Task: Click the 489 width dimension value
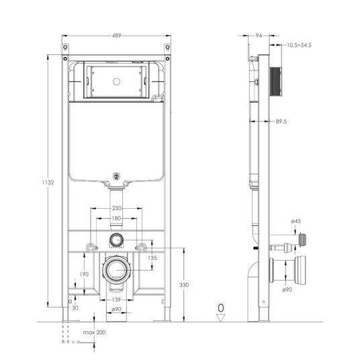pos(116,36)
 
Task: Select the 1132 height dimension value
pos(48,182)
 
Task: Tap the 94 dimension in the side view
pos(259,36)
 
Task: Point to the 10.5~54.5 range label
pos(299,45)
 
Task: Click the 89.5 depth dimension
pos(281,122)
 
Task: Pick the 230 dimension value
pos(116,208)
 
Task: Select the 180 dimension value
pos(116,218)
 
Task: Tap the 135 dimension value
pos(152,258)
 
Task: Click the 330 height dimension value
pos(184,285)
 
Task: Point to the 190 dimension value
pos(84,274)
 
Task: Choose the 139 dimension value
pos(116,300)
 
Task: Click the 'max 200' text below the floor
pos(94,332)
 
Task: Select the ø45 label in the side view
pos(296,221)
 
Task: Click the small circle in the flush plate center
pos(117,81)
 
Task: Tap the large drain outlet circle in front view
pos(117,269)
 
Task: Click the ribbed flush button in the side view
pos(275,81)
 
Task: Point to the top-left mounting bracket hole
pos(65,47)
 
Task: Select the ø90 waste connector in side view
pos(287,271)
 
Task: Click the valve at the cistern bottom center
pos(117,176)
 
